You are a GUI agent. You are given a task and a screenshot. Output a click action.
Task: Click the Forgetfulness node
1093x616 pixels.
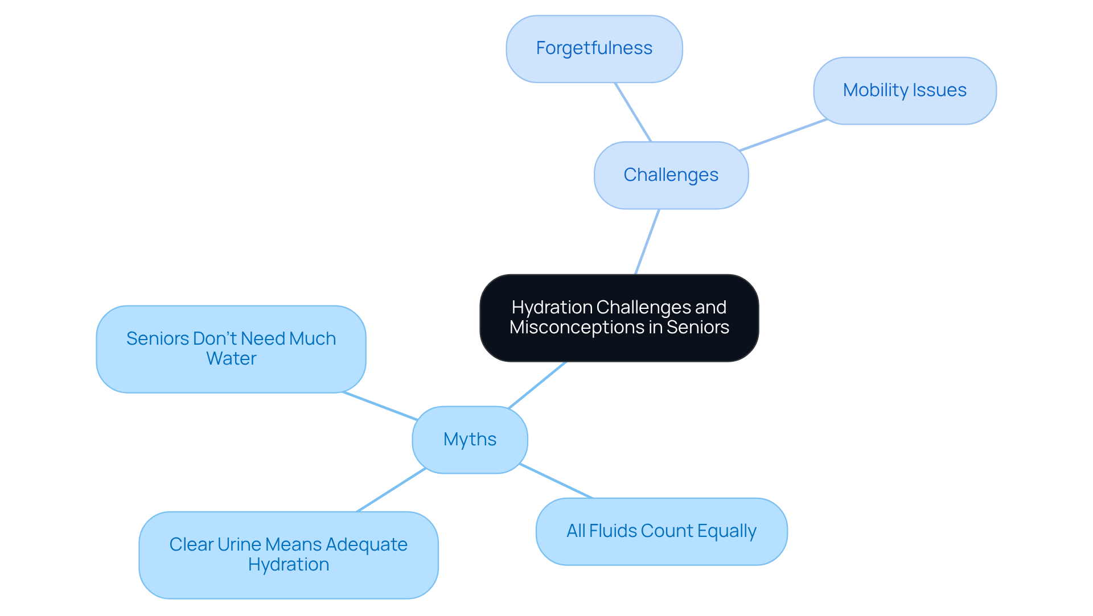[x=594, y=49]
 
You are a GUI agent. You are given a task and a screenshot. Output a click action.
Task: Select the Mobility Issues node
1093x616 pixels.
[x=905, y=90]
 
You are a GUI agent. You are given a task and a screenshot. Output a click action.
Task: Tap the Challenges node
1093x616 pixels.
[x=671, y=175]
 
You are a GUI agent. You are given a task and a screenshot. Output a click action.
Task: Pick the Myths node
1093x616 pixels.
[x=470, y=440]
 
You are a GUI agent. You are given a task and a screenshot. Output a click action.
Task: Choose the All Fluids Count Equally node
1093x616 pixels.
[x=661, y=531]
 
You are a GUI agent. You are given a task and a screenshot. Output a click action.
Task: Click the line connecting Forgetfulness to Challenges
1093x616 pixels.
[x=633, y=112]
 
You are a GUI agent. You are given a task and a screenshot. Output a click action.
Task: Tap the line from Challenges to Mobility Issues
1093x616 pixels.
[x=783, y=135]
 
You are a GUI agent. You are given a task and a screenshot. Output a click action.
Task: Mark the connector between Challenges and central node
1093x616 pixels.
[x=647, y=242]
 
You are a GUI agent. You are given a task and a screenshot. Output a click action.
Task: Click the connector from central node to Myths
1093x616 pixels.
[x=537, y=385]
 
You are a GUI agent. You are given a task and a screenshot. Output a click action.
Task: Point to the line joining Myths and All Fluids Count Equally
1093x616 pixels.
[x=556, y=481]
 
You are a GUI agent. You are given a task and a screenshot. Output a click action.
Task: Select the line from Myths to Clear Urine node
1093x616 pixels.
[x=391, y=490]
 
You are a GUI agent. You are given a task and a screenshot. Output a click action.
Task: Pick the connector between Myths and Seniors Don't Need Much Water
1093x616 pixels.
[x=380, y=406]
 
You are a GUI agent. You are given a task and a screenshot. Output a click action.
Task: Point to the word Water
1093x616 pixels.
[x=231, y=359]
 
